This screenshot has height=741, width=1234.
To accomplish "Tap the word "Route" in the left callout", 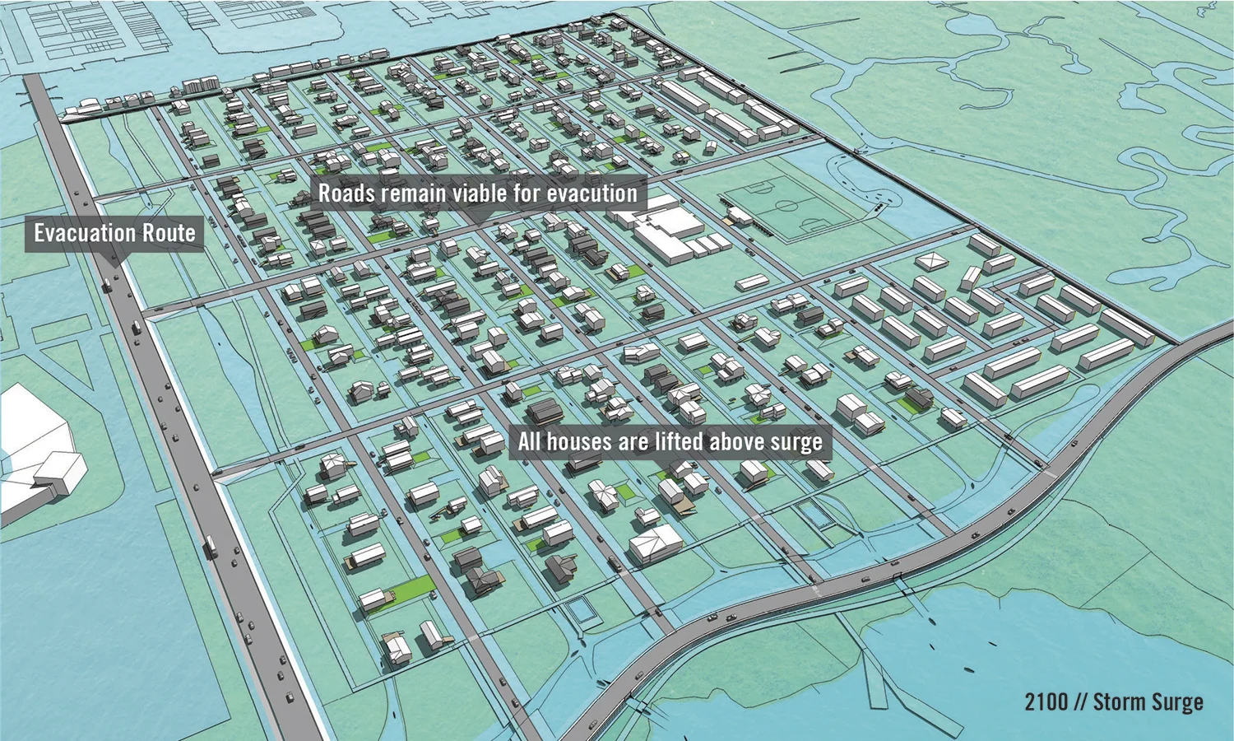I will (x=169, y=233).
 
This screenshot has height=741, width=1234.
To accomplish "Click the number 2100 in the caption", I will (x=1046, y=702).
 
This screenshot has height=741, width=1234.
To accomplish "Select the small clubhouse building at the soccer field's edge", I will (x=741, y=216).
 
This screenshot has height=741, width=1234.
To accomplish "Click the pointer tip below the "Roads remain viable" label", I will (x=479, y=220).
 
